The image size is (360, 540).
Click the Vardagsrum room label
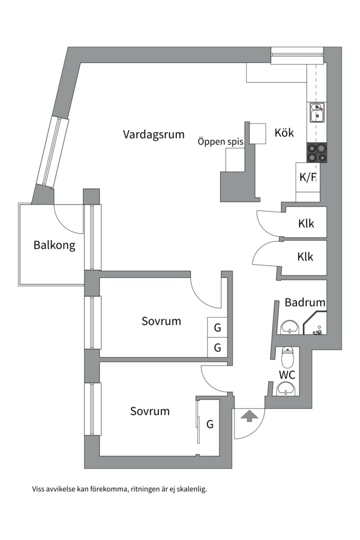click(153, 134)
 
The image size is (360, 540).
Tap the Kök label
click(283, 133)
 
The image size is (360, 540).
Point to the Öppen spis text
click(220, 142)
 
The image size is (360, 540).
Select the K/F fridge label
click(307, 177)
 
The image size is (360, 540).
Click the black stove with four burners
click(317, 152)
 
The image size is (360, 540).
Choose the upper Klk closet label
click(305, 223)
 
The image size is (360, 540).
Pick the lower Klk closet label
click(305, 257)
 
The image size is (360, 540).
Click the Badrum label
click(305, 302)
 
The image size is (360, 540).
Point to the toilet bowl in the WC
click(286, 357)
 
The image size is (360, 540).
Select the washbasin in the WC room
click(286, 388)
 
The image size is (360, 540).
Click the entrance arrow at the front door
click(248, 415)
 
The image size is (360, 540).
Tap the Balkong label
click(54, 245)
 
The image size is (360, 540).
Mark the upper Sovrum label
click(161, 321)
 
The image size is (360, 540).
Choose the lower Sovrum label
click(150, 411)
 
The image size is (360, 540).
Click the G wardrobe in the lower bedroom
click(210, 424)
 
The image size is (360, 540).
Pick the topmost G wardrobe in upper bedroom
click(217, 328)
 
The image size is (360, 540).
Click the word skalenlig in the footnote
click(188, 489)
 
